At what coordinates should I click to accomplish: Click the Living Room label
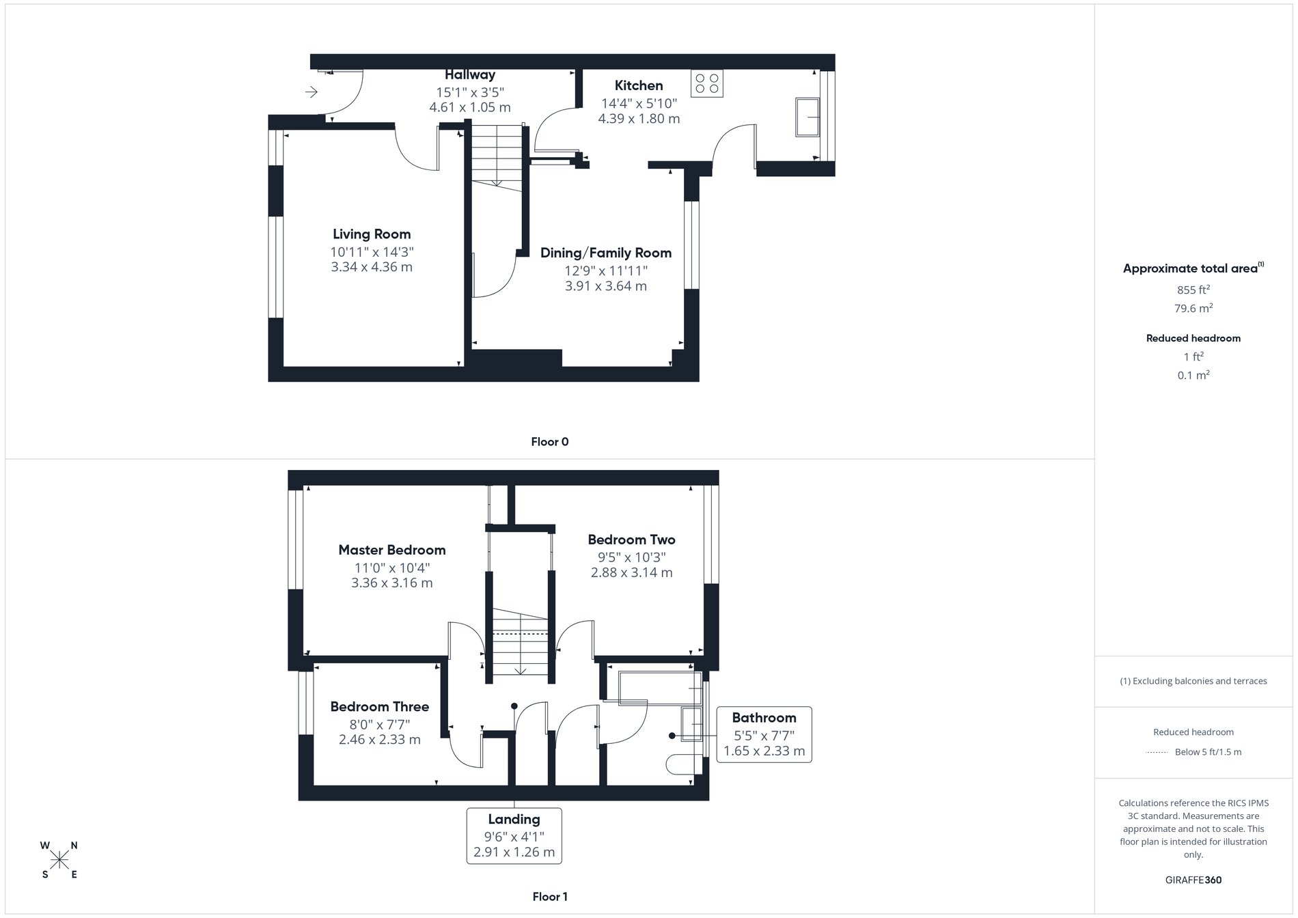[372, 234]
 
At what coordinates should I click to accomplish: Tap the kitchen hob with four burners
[706, 83]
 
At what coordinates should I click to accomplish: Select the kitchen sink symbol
[807, 117]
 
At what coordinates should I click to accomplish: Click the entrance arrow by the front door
[312, 92]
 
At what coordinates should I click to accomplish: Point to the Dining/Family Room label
[606, 253]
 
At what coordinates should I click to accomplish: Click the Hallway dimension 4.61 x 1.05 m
[470, 107]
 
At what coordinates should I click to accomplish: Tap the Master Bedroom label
[392, 550]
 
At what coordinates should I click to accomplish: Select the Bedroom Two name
[631, 540]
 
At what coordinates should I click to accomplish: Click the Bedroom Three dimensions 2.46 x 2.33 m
[380, 740]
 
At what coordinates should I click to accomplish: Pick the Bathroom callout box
[764, 734]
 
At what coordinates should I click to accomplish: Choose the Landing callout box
[514, 835]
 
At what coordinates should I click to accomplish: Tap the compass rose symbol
[59, 859]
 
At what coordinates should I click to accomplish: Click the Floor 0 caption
[550, 442]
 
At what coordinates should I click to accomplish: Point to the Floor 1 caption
[550, 897]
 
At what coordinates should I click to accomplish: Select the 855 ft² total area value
[1193, 290]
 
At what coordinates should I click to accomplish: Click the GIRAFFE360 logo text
[1193, 880]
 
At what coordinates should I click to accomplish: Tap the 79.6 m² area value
[1193, 309]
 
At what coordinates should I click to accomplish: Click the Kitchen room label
[639, 85]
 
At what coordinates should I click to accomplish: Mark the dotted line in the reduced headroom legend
[1157, 753]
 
